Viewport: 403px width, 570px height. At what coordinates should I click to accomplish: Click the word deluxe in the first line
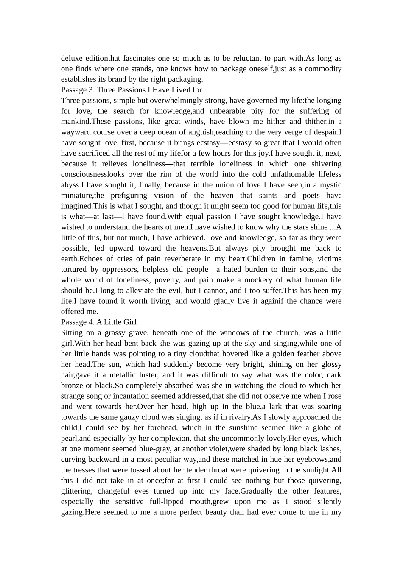tap(71, 58)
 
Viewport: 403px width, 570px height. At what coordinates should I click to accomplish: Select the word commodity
tap(323, 69)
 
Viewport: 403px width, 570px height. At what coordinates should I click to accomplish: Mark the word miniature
tap(77, 196)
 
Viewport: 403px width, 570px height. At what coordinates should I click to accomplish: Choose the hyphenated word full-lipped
tap(167, 502)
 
